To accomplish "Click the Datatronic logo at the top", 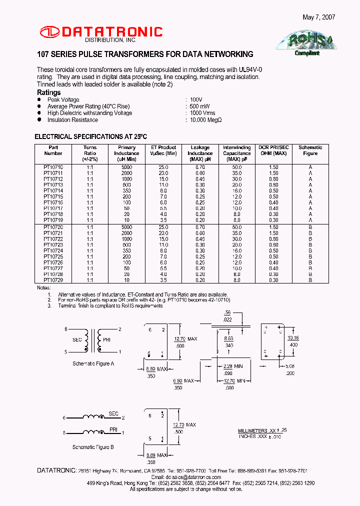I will click(x=101, y=33).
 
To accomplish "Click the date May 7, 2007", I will click(x=318, y=17).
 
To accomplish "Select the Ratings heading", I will click(x=49, y=93).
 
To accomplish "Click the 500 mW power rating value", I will click(x=200, y=106).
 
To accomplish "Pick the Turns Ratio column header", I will click(x=90, y=153).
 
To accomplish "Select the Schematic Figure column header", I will click(x=310, y=150).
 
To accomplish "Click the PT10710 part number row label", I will click(x=53, y=167).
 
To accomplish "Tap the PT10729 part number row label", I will click(x=53, y=280).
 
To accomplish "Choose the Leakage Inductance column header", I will click(x=200, y=153).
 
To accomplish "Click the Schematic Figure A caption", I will click(x=93, y=363).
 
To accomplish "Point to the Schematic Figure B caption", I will click(x=93, y=447).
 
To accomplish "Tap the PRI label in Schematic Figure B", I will click(x=113, y=428).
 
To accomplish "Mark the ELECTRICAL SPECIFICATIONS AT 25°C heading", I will click(x=90, y=136).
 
